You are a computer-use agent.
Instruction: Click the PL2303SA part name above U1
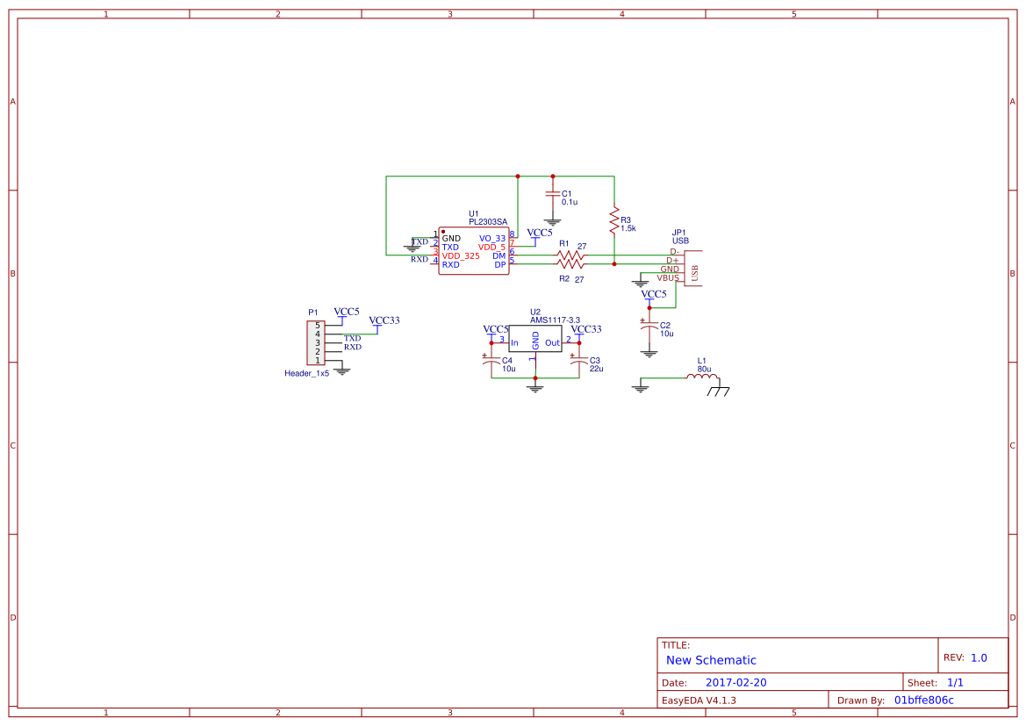(x=488, y=222)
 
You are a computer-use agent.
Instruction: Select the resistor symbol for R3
(x=613, y=221)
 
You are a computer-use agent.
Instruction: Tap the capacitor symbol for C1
(x=552, y=193)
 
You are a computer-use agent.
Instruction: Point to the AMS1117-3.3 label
(x=555, y=320)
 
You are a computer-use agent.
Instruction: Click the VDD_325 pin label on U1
(x=461, y=255)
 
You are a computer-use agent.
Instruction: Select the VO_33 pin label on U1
(x=491, y=238)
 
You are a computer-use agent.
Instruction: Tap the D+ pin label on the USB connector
(x=673, y=260)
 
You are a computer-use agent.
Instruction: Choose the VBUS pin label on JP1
(x=668, y=277)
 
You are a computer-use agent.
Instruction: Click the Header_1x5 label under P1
(x=306, y=373)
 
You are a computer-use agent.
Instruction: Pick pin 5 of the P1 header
(x=318, y=325)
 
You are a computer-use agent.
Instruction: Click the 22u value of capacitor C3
(x=596, y=369)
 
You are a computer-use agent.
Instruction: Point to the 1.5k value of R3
(x=628, y=228)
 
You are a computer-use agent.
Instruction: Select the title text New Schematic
(x=711, y=660)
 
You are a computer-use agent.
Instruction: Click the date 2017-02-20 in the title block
(x=735, y=682)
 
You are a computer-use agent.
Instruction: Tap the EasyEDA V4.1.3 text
(x=699, y=701)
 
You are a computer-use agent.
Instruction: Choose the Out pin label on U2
(x=552, y=343)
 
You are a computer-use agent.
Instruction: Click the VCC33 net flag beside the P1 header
(x=384, y=321)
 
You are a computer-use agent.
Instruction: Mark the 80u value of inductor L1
(x=704, y=369)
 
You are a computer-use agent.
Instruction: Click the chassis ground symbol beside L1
(x=720, y=390)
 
